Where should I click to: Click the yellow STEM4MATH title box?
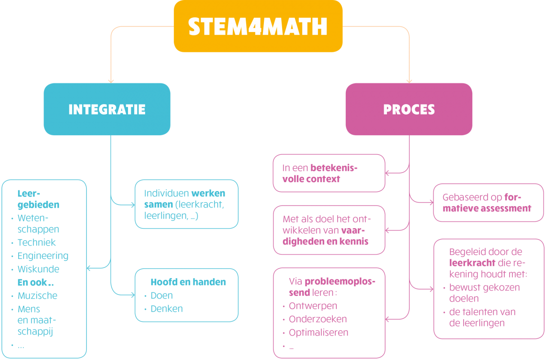point(258,26)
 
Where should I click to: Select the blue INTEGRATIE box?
point(107,109)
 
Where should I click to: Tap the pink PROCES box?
point(409,109)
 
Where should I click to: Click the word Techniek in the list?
point(37,243)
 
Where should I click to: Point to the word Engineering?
point(43,256)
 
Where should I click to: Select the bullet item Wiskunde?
point(38,269)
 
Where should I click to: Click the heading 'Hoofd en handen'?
point(188,282)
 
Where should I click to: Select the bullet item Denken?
point(167,309)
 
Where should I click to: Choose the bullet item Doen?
point(162,295)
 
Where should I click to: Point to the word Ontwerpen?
point(313,306)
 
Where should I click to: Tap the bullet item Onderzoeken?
point(318,319)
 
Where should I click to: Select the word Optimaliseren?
point(318,333)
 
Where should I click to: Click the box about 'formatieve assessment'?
point(488,203)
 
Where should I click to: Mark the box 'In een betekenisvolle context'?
point(329,174)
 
